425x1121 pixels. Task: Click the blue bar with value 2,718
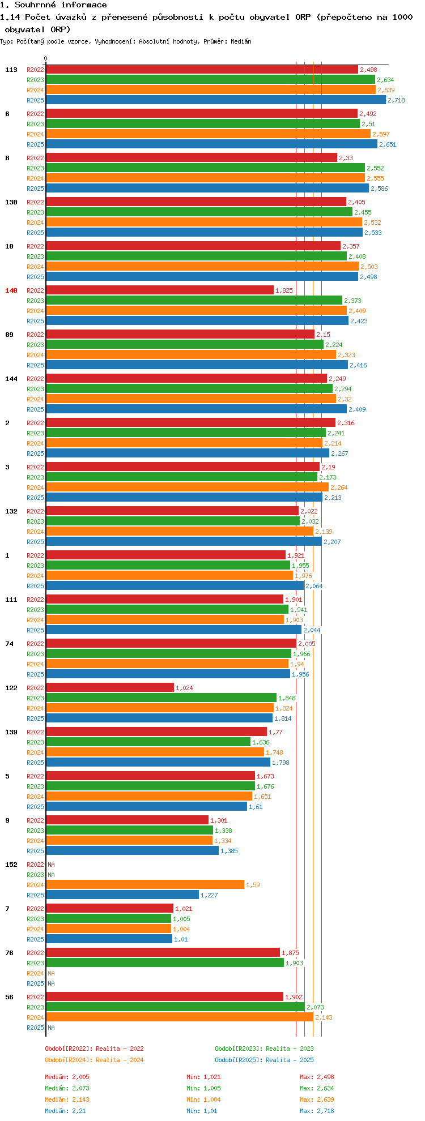[x=215, y=100]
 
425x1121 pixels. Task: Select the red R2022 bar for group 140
[x=160, y=290]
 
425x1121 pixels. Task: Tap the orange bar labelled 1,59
[x=145, y=885]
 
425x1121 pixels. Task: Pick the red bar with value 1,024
[x=110, y=688]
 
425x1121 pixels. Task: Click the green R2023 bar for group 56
[x=176, y=1007]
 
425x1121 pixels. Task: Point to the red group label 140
[x=11, y=290]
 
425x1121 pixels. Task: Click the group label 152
[x=11, y=865]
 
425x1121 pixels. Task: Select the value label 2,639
[x=386, y=90]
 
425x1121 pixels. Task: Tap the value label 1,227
[x=209, y=895]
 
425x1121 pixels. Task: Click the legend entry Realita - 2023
[x=264, y=1049]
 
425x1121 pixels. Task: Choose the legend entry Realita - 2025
[x=264, y=1060]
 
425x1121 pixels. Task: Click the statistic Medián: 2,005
[x=67, y=1077]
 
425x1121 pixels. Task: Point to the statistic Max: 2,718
[x=317, y=1111]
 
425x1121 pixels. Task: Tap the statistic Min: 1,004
[x=203, y=1099]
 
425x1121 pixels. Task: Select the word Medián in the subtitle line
[x=241, y=41]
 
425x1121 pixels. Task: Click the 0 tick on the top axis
[x=46, y=58]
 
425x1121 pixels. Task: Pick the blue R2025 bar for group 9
[x=132, y=851]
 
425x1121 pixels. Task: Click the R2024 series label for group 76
[x=35, y=973]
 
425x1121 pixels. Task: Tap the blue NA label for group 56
[x=51, y=1028]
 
